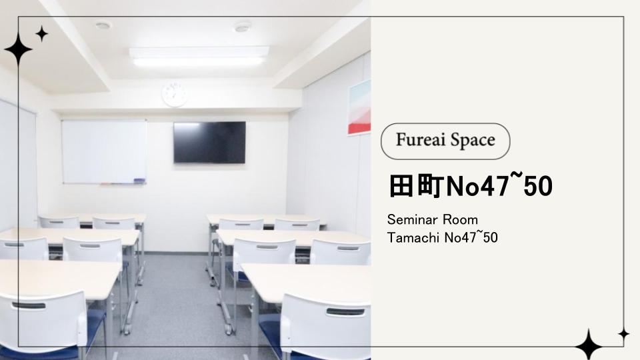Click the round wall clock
tap(175, 94)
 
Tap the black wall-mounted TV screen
tap(209, 143)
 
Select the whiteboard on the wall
tap(104, 151)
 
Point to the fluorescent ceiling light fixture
tap(199, 56)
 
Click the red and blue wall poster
tap(359, 107)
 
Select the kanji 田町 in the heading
tap(416, 187)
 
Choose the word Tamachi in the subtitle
tap(413, 237)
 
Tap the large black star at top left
tap(19, 49)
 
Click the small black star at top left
tap(41, 33)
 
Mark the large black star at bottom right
tap(589, 345)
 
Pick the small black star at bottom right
tap(623, 334)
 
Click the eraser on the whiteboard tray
tap(139, 181)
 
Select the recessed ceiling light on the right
tap(242, 27)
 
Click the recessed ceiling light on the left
tap(103, 25)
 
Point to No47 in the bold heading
tap(477, 187)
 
